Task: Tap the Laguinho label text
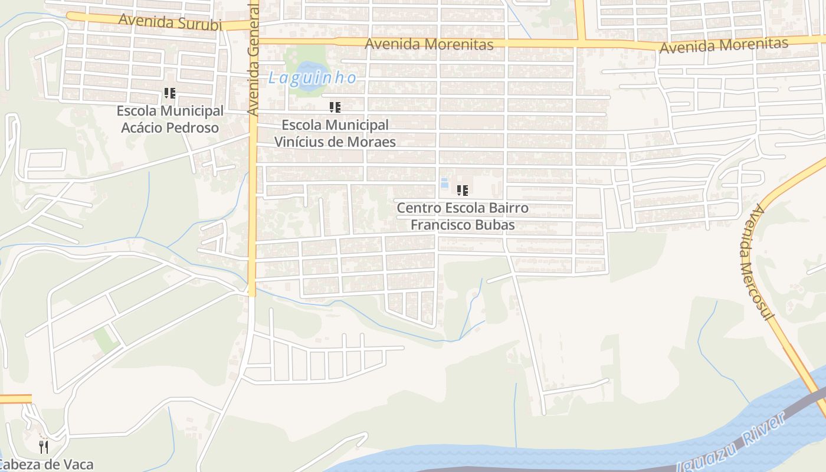[x=312, y=78]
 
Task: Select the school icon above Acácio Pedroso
[x=170, y=93]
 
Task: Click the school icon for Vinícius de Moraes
[x=335, y=107]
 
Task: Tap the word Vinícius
[x=299, y=142]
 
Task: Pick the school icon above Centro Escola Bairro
[x=463, y=190]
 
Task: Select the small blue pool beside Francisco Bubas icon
[x=444, y=183]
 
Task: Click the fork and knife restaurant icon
[x=43, y=447]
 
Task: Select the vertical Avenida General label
[x=253, y=59]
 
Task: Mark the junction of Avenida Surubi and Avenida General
[x=253, y=26]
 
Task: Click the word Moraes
[x=373, y=142]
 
